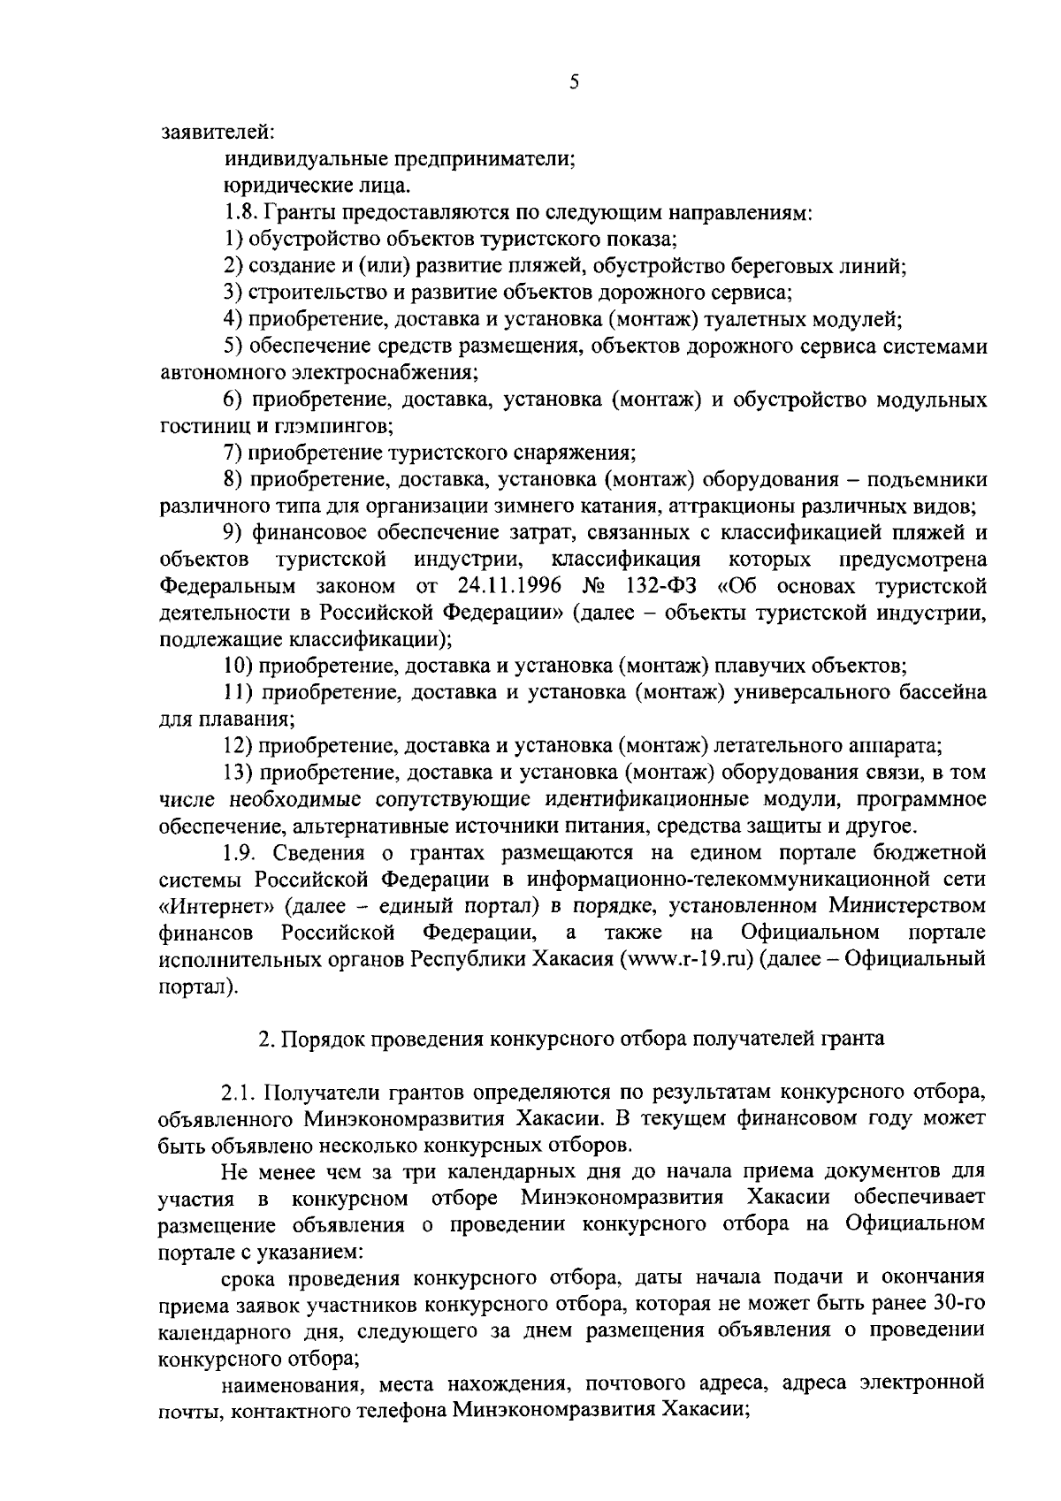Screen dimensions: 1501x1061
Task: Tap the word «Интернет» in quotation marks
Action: [206, 906]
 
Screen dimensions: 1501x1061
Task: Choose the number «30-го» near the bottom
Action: [958, 1304]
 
